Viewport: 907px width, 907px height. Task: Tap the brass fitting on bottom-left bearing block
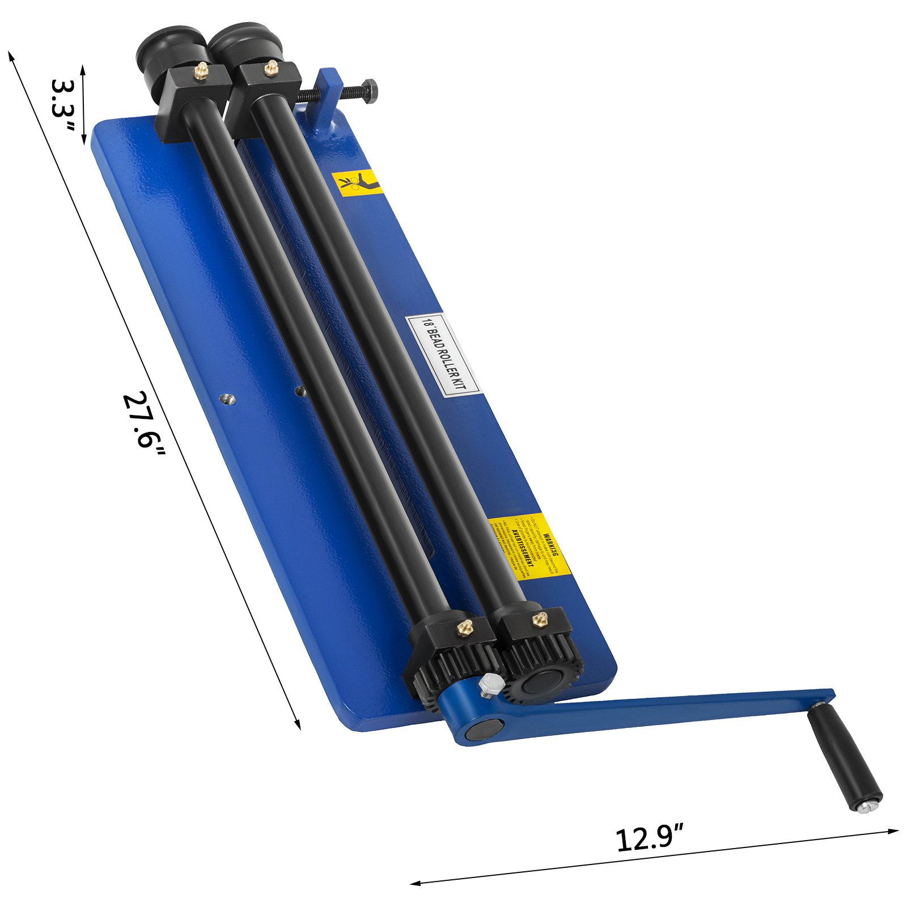tap(465, 628)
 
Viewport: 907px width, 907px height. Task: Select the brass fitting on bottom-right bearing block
tap(538, 619)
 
